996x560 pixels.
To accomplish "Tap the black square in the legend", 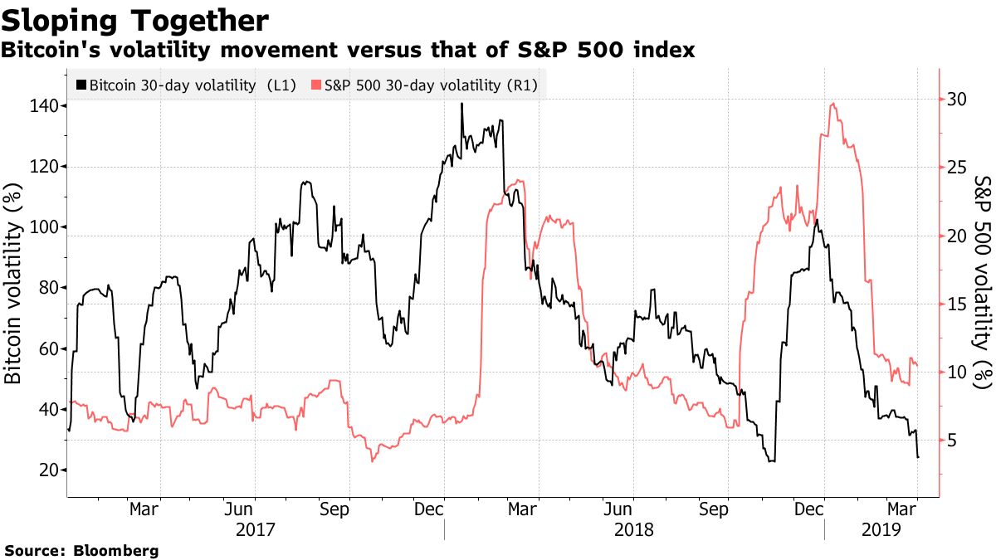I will tap(81, 85).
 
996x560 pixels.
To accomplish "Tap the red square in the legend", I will tap(315, 85).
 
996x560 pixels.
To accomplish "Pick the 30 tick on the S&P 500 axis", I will tap(957, 99).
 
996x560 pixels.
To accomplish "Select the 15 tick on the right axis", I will tap(957, 304).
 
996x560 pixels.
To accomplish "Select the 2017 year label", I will tap(254, 528).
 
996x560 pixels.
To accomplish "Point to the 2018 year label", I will tap(633, 528).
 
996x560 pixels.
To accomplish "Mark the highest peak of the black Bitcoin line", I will tap(461, 104).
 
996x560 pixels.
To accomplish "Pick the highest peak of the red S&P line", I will tap(832, 105).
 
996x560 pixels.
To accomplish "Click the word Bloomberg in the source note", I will tap(116, 550).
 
